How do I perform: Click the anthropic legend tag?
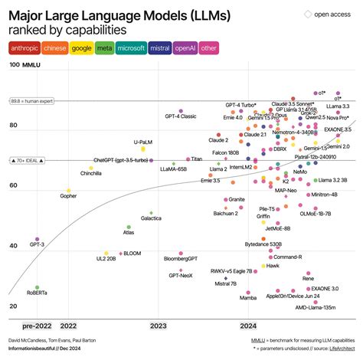25,47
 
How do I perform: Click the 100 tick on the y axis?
14,66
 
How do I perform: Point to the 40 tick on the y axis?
13,246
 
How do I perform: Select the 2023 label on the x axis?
159,325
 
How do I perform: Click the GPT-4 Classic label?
181,116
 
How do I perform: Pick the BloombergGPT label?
181,259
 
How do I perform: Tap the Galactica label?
151,218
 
